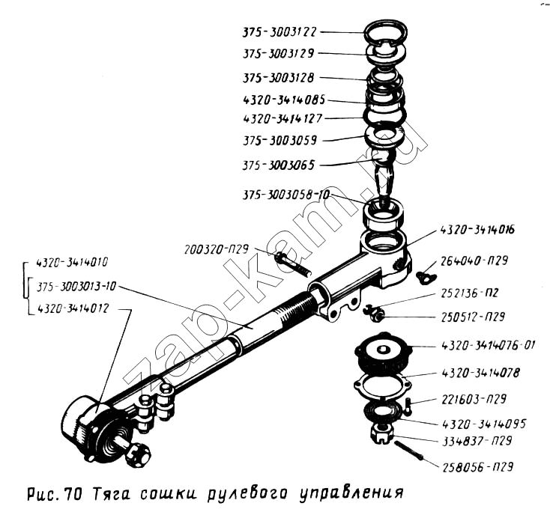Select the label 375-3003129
click(279, 54)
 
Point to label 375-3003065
click(279, 165)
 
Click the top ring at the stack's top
click(386, 31)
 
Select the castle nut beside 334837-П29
click(382, 433)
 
